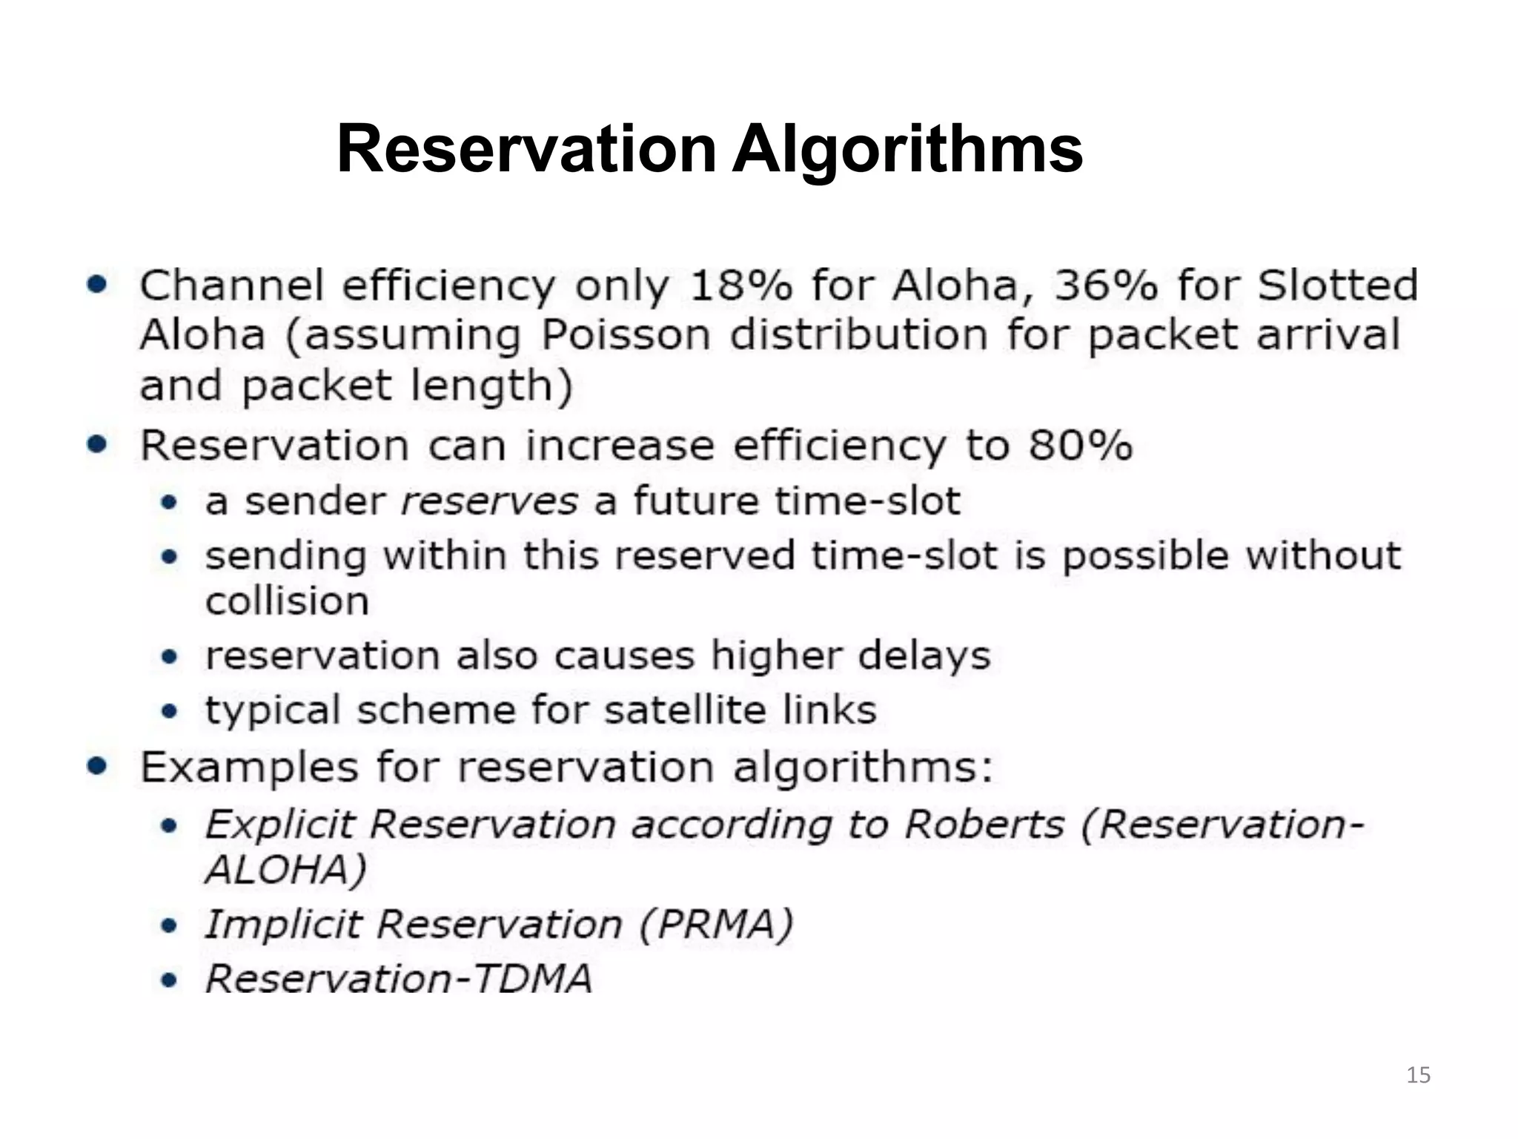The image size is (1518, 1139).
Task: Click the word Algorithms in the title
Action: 907,151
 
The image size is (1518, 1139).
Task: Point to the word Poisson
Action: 626,335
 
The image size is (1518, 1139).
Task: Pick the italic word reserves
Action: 488,502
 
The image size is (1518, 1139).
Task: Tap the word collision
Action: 287,601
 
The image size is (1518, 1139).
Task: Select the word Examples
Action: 250,767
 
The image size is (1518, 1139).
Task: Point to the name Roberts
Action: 984,824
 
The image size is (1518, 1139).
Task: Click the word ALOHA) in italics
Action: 286,870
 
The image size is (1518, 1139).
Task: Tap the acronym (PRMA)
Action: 715,925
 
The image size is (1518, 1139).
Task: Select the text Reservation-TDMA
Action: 399,979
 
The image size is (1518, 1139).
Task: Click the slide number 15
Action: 1418,1075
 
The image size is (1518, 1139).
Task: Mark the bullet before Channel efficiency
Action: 97,285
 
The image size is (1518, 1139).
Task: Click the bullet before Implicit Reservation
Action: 170,925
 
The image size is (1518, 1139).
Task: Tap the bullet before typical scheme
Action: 170,711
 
